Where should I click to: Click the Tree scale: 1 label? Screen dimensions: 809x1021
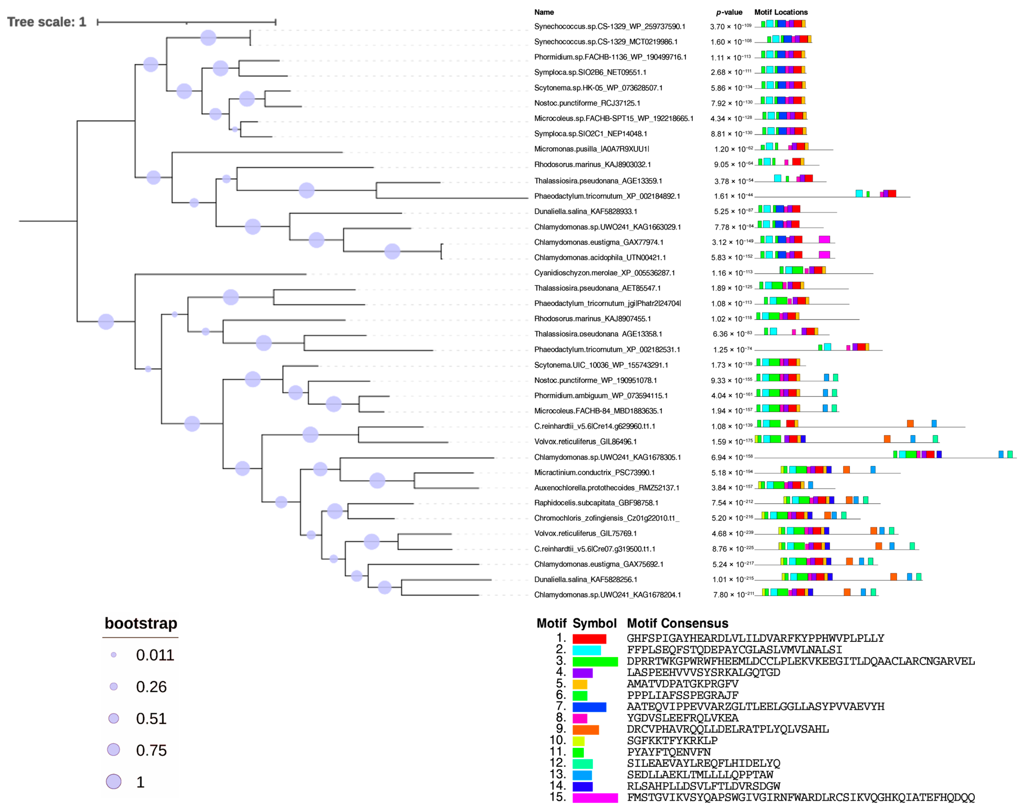point(46,22)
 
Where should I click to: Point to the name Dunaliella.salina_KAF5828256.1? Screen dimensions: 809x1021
point(585,579)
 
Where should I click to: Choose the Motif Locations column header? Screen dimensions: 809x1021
point(781,12)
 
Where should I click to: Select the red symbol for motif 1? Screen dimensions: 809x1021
point(589,639)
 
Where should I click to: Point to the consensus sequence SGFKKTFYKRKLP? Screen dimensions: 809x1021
point(672,741)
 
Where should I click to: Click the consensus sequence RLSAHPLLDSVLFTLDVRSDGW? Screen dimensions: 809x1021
point(703,786)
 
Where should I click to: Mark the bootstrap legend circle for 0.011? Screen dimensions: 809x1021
point(114,655)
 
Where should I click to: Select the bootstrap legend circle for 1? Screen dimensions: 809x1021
point(114,781)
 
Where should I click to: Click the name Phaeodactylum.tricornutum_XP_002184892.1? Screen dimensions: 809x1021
point(607,196)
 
